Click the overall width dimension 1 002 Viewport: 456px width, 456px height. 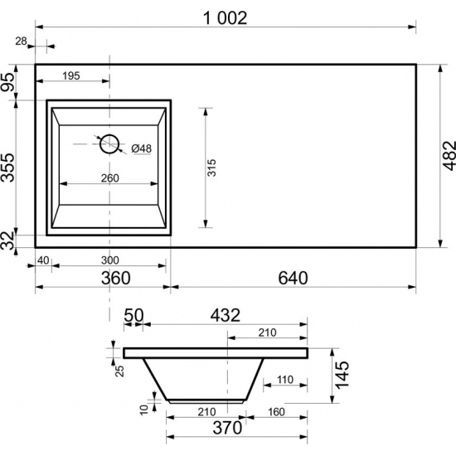coord(225,18)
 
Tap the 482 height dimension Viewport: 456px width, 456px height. coord(449,156)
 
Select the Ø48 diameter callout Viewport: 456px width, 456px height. coord(142,148)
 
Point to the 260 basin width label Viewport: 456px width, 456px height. coord(110,178)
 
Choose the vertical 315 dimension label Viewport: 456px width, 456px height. coord(211,167)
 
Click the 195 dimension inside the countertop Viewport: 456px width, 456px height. coord(71,76)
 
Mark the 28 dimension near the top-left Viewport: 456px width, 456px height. coord(21,41)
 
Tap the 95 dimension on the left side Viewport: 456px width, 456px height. coord(7,82)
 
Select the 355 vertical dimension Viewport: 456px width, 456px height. coord(7,167)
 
